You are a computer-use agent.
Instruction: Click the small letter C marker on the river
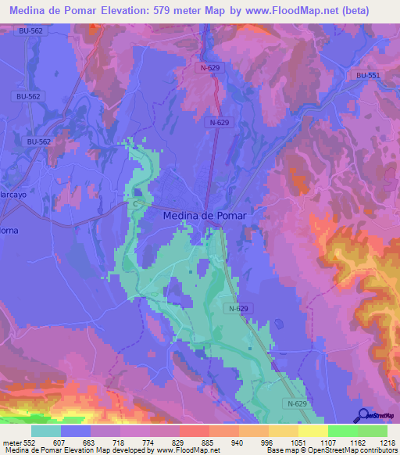135,203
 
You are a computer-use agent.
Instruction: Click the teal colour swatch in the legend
46,431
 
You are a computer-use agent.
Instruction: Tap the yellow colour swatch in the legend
313,431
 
